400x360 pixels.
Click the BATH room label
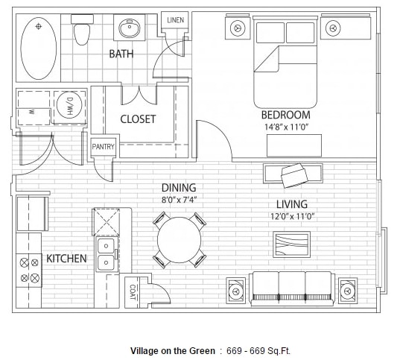coord(121,54)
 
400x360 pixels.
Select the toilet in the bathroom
coord(83,32)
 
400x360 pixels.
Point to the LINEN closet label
coord(175,20)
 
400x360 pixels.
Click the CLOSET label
coord(138,119)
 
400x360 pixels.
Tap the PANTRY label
coord(103,148)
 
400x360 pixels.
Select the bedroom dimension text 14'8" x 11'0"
coord(285,127)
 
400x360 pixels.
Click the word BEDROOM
coord(285,115)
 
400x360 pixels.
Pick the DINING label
coord(179,188)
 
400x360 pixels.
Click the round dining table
coord(179,240)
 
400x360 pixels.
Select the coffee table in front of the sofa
coord(291,244)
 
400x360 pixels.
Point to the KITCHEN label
coord(66,259)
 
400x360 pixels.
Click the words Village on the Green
coord(172,350)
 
